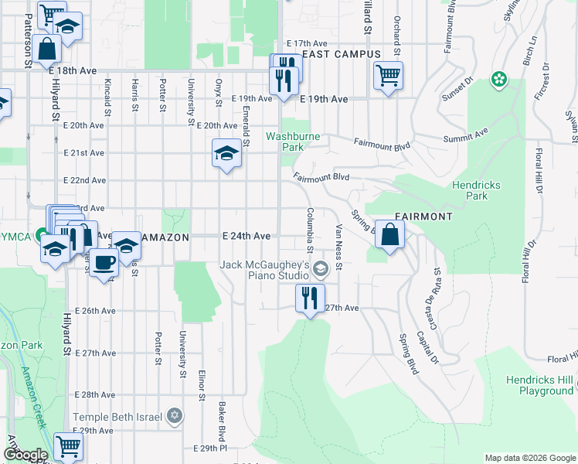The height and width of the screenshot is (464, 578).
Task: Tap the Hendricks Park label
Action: point(477,190)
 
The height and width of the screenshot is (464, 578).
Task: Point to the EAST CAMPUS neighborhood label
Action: point(342,54)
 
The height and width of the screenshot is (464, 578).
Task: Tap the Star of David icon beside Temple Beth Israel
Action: point(175,417)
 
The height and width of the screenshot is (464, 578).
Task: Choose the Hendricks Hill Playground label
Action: point(540,385)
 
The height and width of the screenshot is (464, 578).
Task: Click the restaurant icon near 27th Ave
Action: point(311,298)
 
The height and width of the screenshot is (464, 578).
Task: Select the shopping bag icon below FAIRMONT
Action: point(391,234)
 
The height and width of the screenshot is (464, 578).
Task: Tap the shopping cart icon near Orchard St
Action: point(388,76)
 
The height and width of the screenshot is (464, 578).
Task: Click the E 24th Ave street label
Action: point(246,235)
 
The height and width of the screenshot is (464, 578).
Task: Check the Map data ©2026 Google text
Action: point(529,458)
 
